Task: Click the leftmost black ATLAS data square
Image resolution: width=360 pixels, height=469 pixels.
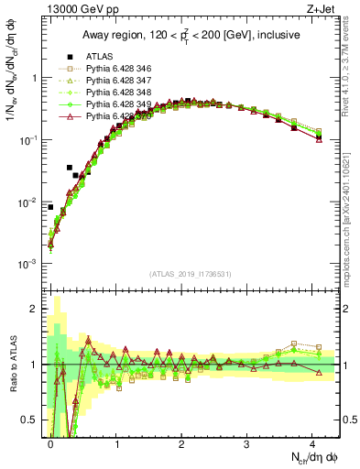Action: coord(50,207)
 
